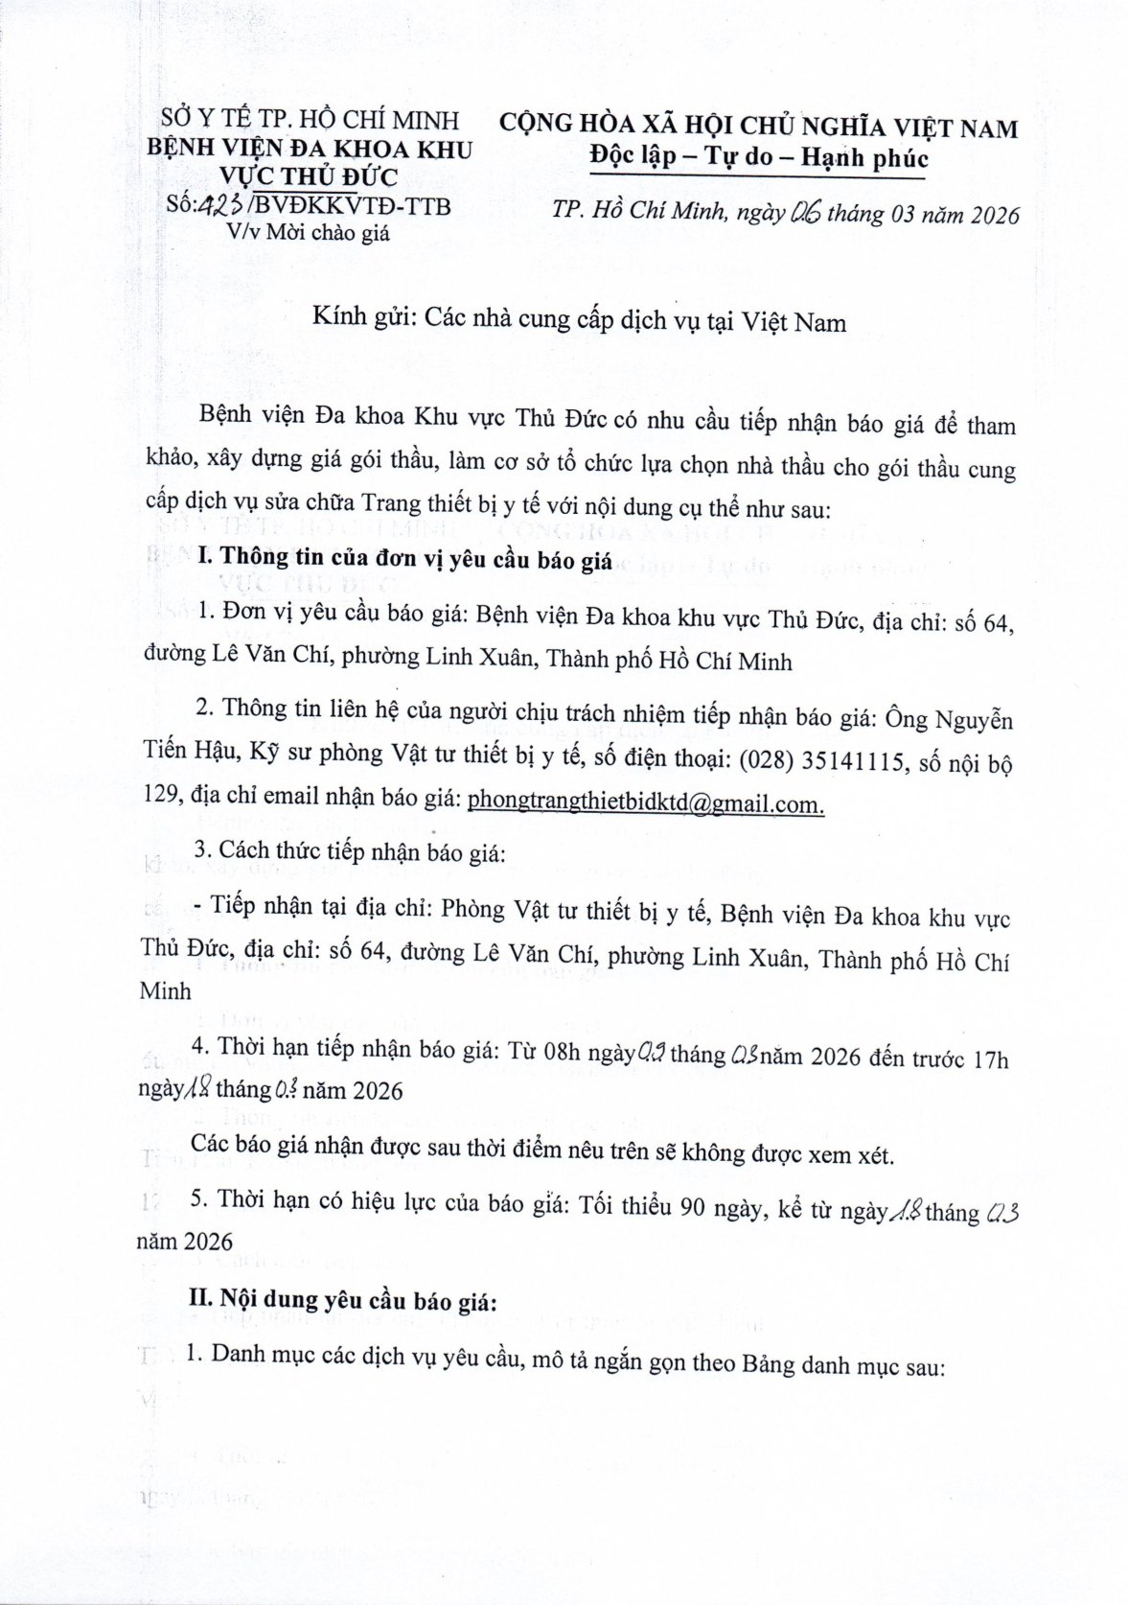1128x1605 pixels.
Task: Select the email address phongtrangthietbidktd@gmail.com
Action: coord(645,803)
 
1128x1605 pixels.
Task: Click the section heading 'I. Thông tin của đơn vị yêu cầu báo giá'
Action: coord(403,560)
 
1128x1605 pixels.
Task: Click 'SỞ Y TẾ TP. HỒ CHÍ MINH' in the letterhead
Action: coord(310,120)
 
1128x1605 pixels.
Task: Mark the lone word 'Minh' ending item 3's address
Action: coord(166,992)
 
